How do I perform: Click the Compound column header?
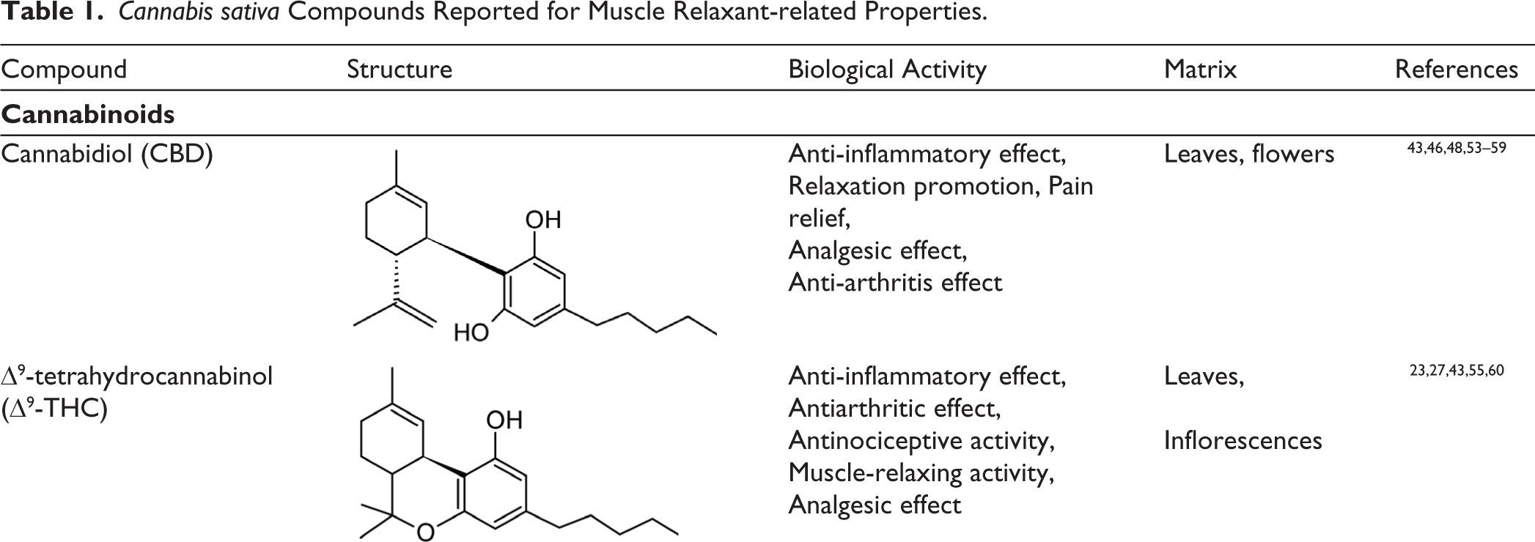64,70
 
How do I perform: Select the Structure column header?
400,69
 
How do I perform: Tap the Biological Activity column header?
887,70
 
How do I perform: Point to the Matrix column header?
1200,69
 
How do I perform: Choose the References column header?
1457,69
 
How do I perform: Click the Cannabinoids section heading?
88,114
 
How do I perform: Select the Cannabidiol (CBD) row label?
107,155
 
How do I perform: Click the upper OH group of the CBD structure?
543,219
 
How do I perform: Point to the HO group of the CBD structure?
471,333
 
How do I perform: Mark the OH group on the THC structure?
504,420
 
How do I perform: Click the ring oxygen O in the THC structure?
425,532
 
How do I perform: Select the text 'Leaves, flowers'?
1249,154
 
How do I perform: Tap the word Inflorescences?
1243,440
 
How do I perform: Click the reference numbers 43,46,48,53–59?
1457,148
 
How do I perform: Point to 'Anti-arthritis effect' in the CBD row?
895,283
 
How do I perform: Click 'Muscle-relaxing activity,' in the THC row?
921,473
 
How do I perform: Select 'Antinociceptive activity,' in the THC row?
921,441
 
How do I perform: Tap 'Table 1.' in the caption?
52,13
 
